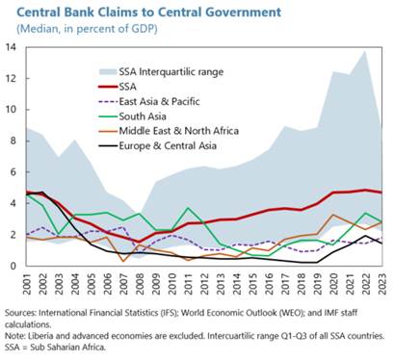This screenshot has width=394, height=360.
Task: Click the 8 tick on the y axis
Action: [x=13, y=141]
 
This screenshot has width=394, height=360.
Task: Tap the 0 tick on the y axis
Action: [x=13, y=266]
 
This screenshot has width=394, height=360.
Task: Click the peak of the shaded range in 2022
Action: [x=366, y=51]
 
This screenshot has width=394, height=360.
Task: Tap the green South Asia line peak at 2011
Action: [x=188, y=208]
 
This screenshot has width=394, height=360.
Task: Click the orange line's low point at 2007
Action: [x=123, y=261]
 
